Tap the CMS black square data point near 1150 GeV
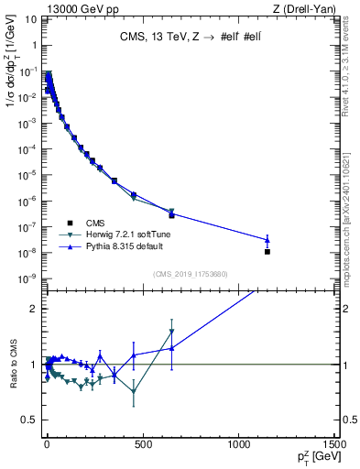click(267, 251)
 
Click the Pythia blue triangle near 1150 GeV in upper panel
click(267, 240)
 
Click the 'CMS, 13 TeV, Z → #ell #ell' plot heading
click(191, 38)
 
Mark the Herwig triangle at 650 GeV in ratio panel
click(171, 333)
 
